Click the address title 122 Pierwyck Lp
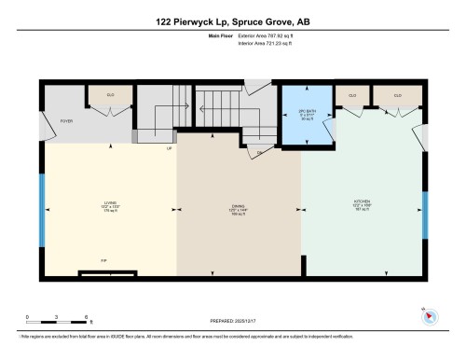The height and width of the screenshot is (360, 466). pyautogui.click(x=233, y=21)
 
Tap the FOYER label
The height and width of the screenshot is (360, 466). pyautogui.click(x=67, y=120)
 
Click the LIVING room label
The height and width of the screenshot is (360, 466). pyautogui.click(x=111, y=208)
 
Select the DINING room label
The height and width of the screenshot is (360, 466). pyautogui.click(x=239, y=208)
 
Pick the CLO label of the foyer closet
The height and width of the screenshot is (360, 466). pyautogui.click(x=110, y=95)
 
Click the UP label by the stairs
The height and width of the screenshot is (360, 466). pyautogui.click(x=169, y=148)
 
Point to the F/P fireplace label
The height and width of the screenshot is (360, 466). pyautogui.click(x=104, y=260)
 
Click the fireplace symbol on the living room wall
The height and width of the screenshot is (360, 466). pyautogui.click(x=105, y=273)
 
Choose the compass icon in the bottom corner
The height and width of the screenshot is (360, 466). pyautogui.click(x=429, y=315)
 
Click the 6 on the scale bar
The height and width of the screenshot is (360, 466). pyautogui.click(x=86, y=317)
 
